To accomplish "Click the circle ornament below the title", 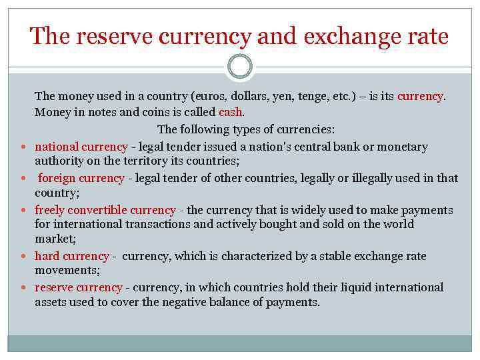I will (240, 67).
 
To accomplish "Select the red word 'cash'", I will (231, 112).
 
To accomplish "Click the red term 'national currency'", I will (81, 147).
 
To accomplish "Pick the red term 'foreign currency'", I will (81, 178).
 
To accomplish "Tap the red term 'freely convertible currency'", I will (105, 210).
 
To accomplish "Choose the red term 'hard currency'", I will (71, 256).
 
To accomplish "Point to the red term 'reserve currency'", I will (78, 287).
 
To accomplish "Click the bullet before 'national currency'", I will (23, 147).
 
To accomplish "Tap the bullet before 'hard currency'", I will (23, 257).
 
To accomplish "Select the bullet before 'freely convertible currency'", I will (23, 211).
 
